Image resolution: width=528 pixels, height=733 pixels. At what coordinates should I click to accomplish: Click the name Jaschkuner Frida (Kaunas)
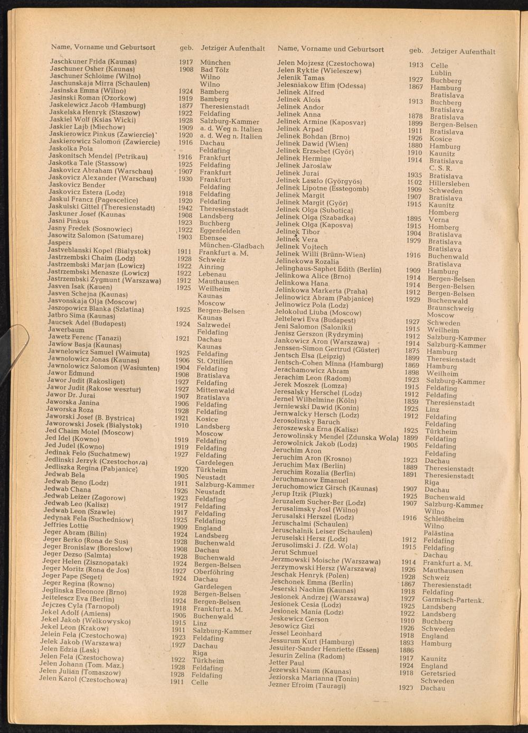tap(93, 62)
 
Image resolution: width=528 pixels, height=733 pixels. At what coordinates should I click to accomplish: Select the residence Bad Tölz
tap(214, 70)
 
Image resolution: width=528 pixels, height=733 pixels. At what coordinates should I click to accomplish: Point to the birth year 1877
tap(185, 106)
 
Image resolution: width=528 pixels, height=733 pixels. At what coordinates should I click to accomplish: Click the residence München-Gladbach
tap(232, 246)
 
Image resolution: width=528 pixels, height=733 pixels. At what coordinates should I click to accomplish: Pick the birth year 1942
tap(184, 208)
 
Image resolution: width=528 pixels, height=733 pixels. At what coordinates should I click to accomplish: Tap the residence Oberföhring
tap(213, 572)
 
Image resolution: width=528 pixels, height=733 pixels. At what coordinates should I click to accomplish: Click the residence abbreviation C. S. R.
tap(441, 168)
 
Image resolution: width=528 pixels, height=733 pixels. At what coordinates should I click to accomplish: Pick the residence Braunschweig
tap(450, 308)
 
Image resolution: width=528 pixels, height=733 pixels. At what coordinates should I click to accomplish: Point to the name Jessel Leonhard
tap(295, 633)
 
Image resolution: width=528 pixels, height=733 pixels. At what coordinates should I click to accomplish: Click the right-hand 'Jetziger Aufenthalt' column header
tap(463, 51)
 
